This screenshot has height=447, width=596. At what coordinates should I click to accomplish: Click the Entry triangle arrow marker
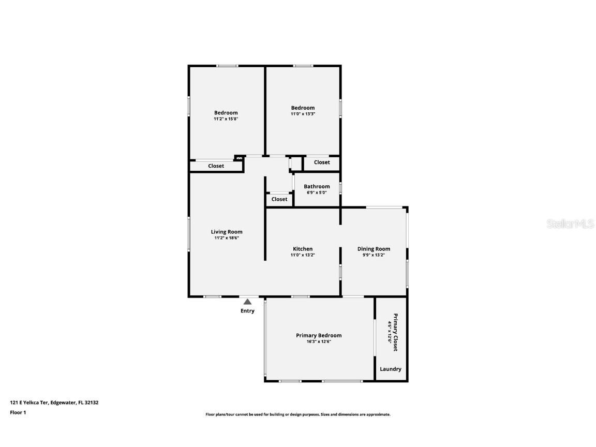tap(248, 302)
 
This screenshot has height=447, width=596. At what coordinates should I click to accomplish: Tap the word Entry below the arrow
tap(247, 311)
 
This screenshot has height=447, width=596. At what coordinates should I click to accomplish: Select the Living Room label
tap(226, 232)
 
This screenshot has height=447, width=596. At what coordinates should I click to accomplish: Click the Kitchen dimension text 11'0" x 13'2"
tap(303, 255)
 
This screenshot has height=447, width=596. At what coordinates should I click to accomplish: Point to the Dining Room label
tap(374, 249)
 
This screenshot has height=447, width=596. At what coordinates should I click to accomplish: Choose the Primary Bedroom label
tap(319, 335)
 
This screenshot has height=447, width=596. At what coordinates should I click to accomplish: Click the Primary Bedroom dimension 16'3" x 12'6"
tap(319, 341)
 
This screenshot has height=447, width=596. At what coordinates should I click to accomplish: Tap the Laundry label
tap(391, 369)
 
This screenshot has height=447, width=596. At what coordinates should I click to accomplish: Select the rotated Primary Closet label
tap(395, 332)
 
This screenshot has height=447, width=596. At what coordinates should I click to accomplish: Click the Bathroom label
tap(317, 186)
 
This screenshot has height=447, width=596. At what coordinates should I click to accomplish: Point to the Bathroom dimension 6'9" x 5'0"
tap(317, 192)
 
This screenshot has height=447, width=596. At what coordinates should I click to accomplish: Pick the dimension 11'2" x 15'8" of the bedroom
tap(226, 119)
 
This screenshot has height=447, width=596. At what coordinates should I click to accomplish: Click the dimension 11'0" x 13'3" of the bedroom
tap(303, 114)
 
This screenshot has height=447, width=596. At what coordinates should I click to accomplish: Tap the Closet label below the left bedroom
tap(216, 166)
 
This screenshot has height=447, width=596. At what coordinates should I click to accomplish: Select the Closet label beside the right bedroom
tap(322, 162)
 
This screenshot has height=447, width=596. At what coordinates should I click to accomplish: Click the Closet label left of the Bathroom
tap(279, 199)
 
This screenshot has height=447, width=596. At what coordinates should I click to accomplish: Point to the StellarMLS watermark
tap(570, 224)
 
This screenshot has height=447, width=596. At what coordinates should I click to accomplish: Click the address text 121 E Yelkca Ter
tap(29, 402)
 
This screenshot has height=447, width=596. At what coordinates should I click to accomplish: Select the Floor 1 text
tap(18, 412)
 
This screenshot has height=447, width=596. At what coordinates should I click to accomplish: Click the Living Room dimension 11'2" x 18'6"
tap(226, 238)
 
